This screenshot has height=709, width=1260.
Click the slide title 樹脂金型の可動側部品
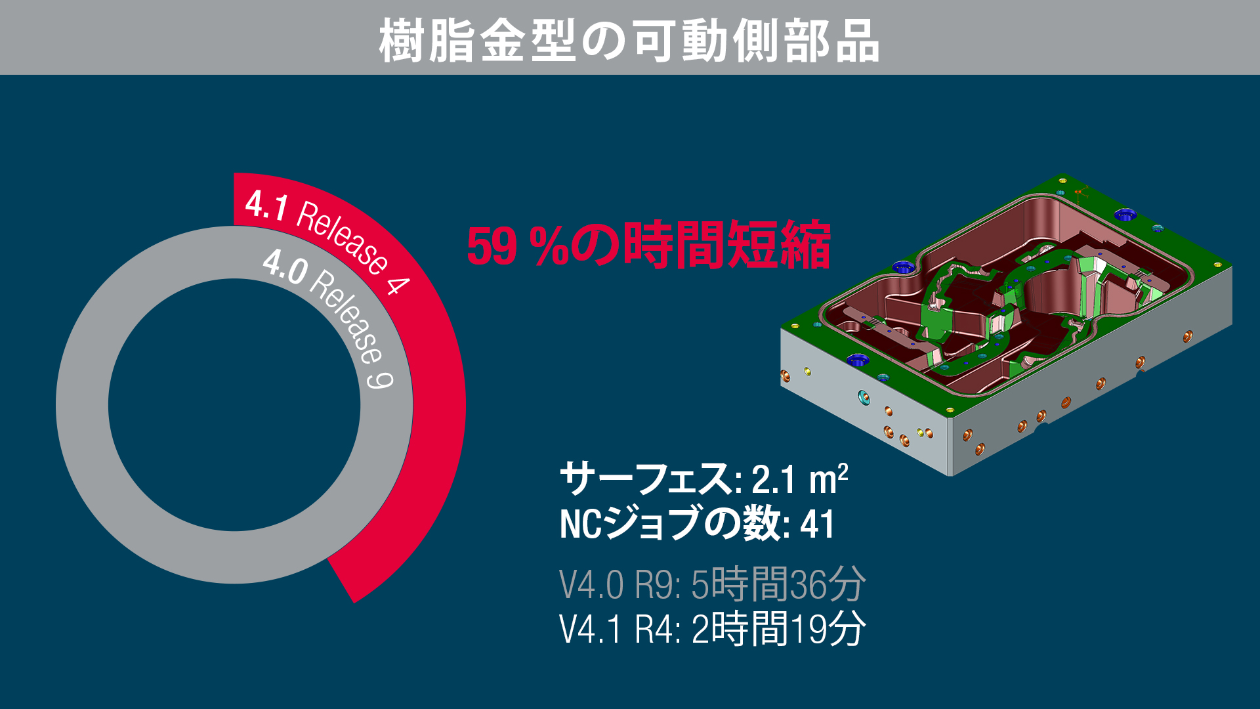pyautogui.click(x=629, y=41)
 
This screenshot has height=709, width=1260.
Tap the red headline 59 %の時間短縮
pyautogui.click(x=648, y=245)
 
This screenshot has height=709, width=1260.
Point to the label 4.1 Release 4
pyautogui.click(x=327, y=241)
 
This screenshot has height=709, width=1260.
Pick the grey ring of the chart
pyautogui.click(x=82, y=405)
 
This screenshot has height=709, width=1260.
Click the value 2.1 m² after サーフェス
pyautogui.click(x=799, y=479)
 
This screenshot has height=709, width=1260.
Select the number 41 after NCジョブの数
pyautogui.click(x=817, y=525)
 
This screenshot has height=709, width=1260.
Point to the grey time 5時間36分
pyautogui.click(x=778, y=584)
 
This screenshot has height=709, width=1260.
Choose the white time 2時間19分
pyautogui.click(x=778, y=628)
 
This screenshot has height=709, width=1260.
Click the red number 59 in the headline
pyautogui.click(x=492, y=247)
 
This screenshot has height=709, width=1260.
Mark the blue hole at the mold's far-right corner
pyautogui.click(x=1125, y=215)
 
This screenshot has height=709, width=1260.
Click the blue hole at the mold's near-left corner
pyautogui.click(x=856, y=360)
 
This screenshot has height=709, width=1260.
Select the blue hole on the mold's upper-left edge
pyautogui.click(x=903, y=266)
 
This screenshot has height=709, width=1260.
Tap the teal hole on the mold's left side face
pyautogui.click(x=864, y=397)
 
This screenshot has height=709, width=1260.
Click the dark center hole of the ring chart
pyautogui.click(x=234, y=405)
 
